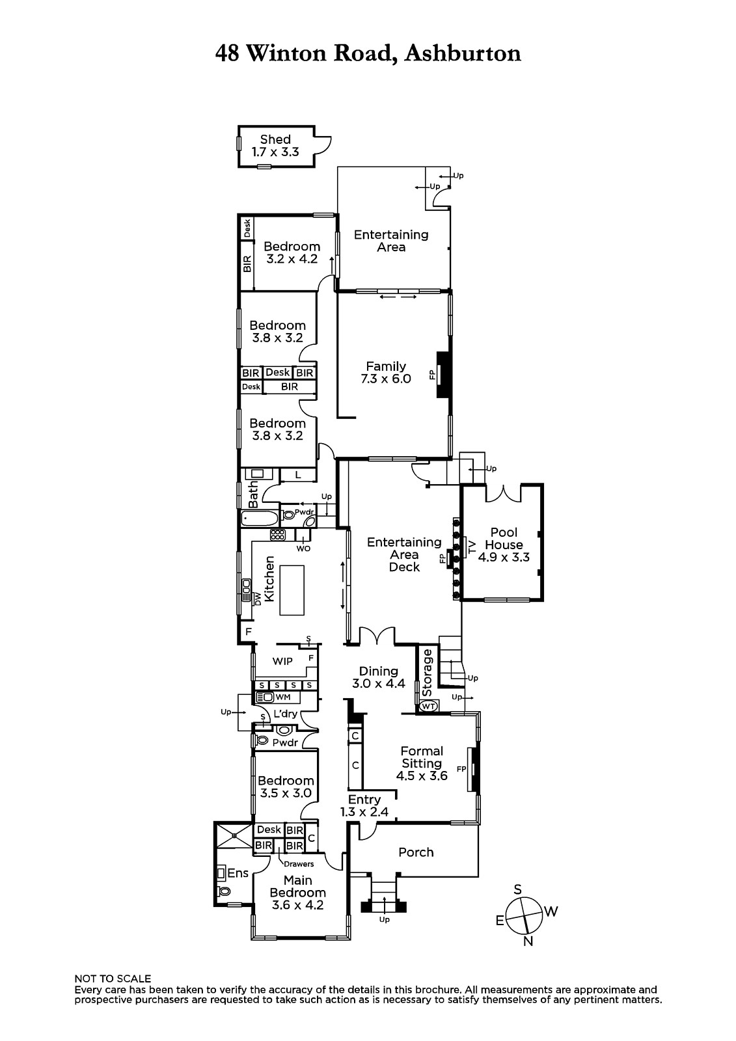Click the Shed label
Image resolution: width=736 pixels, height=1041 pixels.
pyautogui.click(x=275, y=139)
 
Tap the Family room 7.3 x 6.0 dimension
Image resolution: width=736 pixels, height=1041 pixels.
pyautogui.click(x=386, y=379)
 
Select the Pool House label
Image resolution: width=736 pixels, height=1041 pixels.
pyautogui.click(x=504, y=538)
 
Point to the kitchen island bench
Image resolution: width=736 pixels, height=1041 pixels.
pyautogui.click(x=292, y=590)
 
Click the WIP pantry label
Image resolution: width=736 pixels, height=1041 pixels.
pyautogui.click(x=282, y=661)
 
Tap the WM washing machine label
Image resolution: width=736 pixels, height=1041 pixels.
pyautogui.click(x=282, y=697)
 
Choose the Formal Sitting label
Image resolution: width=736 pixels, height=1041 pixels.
pyautogui.click(x=422, y=757)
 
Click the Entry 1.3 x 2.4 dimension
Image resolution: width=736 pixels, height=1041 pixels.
pyautogui.click(x=364, y=812)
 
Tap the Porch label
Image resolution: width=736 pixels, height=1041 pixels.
pyautogui.click(x=416, y=852)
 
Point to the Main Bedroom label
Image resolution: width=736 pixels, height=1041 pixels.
pyautogui.click(x=297, y=886)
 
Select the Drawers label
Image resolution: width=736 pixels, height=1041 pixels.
pyautogui.click(x=299, y=864)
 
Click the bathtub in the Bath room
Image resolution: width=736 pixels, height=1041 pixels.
pyautogui.click(x=260, y=518)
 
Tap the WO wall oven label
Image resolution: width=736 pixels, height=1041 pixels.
pyautogui.click(x=303, y=548)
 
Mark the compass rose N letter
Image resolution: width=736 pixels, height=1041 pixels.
pyautogui.click(x=528, y=941)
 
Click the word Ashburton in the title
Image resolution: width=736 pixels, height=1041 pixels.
pyautogui.click(x=463, y=53)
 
